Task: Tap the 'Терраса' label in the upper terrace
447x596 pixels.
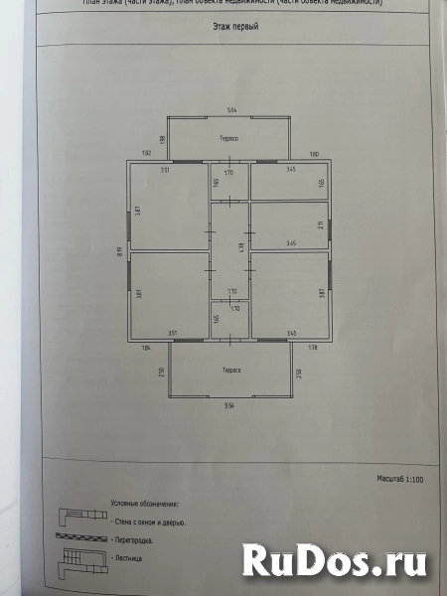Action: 228,138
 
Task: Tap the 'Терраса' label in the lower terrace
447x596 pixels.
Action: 228,370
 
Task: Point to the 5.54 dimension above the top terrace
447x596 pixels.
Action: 228,108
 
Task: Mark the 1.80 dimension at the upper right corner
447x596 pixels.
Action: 313,155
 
